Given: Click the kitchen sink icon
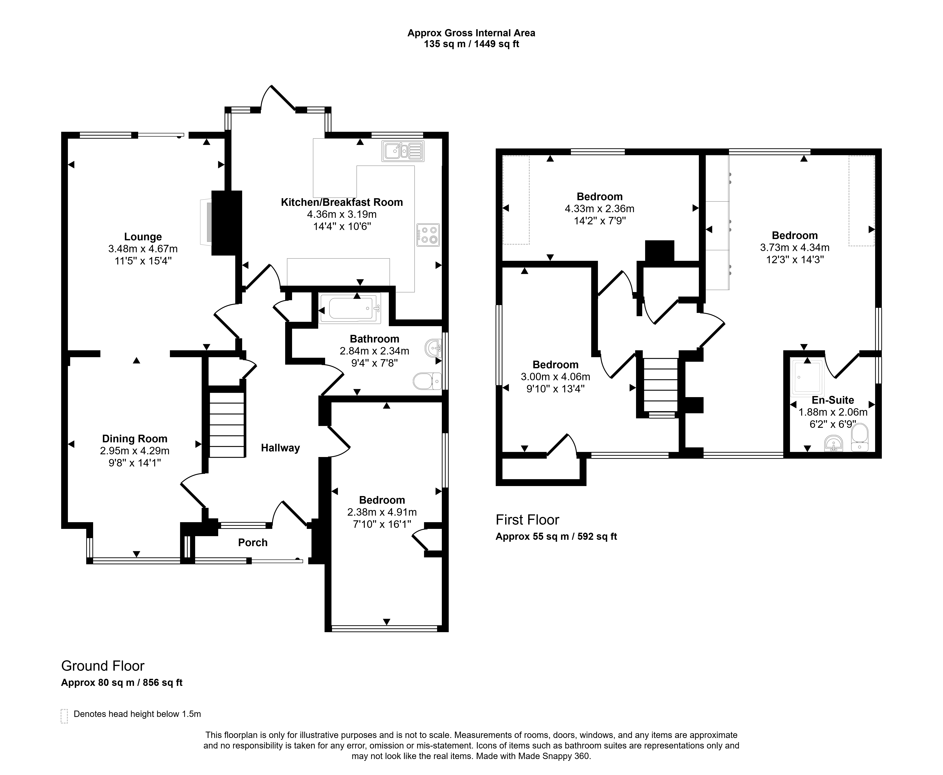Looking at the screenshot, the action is (403, 151).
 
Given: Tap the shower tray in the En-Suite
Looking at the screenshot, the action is (806, 377).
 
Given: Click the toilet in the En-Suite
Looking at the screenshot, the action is (860, 437).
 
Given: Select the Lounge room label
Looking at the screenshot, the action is (143, 237).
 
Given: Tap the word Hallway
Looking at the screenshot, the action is (280, 448).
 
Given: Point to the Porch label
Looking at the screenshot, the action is (253, 542).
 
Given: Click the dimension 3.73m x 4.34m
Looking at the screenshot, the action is (795, 247).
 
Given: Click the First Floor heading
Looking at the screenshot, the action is (527, 520).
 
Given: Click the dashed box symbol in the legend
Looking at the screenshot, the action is (64, 716).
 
